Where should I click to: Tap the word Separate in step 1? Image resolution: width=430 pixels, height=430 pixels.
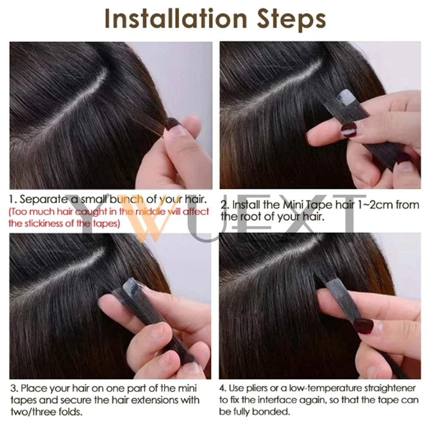(x=41, y=200)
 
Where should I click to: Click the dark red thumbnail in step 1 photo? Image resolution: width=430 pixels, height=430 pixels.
(x=172, y=124)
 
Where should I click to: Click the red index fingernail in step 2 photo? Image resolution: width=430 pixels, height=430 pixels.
(x=349, y=129)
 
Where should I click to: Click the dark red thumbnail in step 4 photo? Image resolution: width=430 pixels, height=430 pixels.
(x=363, y=326)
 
